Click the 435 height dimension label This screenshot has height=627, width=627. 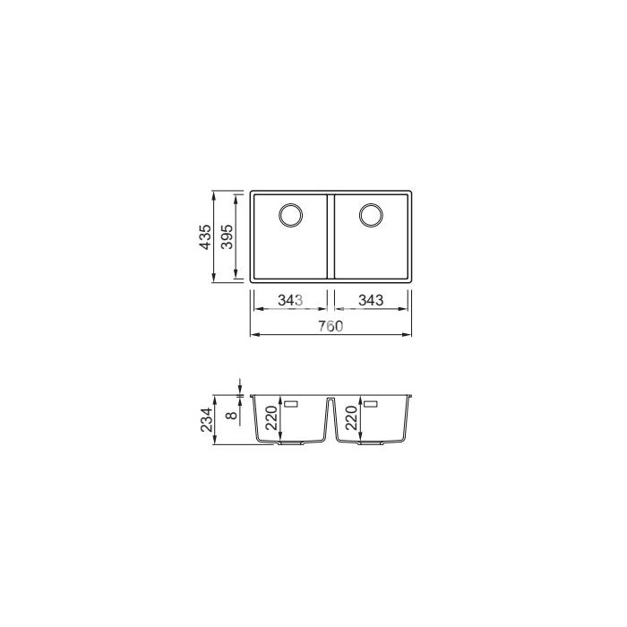click(205, 237)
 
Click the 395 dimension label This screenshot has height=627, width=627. click(227, 236)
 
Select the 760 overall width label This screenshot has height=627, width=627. click(331, 326)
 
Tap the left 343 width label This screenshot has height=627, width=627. click(291, 300)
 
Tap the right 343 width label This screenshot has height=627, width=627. click(371, 300)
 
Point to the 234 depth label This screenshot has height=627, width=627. click(206, 419)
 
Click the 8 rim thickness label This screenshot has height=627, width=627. click(231, 416)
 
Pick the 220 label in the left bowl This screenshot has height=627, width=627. click(271, 418)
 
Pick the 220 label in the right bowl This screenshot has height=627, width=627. click(351, 418)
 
